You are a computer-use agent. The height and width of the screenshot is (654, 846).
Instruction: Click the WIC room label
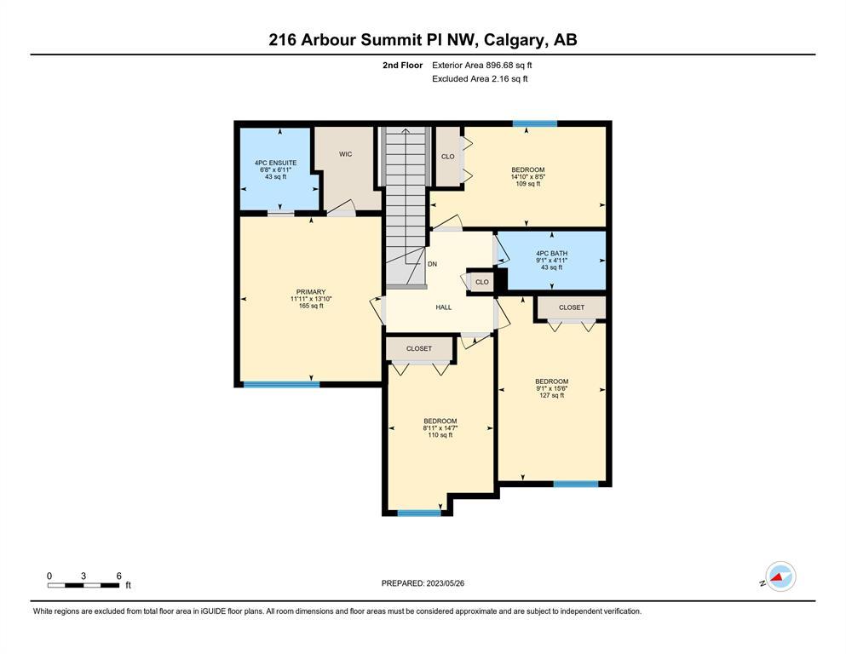(x=345, y=154)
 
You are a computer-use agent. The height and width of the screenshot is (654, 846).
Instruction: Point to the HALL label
(x=444, y=307)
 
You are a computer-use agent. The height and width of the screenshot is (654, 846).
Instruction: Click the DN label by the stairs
(x=432, y=264)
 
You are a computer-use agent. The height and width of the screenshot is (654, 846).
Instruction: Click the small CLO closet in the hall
(x=482, y=282)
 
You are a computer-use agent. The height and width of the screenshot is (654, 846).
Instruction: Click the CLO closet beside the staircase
(x=448, y=157)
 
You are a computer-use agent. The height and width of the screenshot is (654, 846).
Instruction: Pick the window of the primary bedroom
(x=281, y=384)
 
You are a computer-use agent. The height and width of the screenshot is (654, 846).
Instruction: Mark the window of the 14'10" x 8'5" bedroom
(x=535, y=123)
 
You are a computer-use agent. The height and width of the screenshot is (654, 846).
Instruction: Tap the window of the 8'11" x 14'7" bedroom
(x=419, y=513)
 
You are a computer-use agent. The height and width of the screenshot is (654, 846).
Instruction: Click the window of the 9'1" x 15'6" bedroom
(x=576, y=485)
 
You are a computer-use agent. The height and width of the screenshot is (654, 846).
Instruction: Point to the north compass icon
(x=780, y=577)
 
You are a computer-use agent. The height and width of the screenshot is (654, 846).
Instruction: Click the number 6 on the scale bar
(x=118, y=576)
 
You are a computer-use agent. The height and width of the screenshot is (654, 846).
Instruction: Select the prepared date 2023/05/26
(x=445, y=583)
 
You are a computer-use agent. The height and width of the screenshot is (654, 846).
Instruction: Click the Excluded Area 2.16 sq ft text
(x=480, y=78)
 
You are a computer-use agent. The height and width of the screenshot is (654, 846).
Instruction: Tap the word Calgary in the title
(x=515, y=40)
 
